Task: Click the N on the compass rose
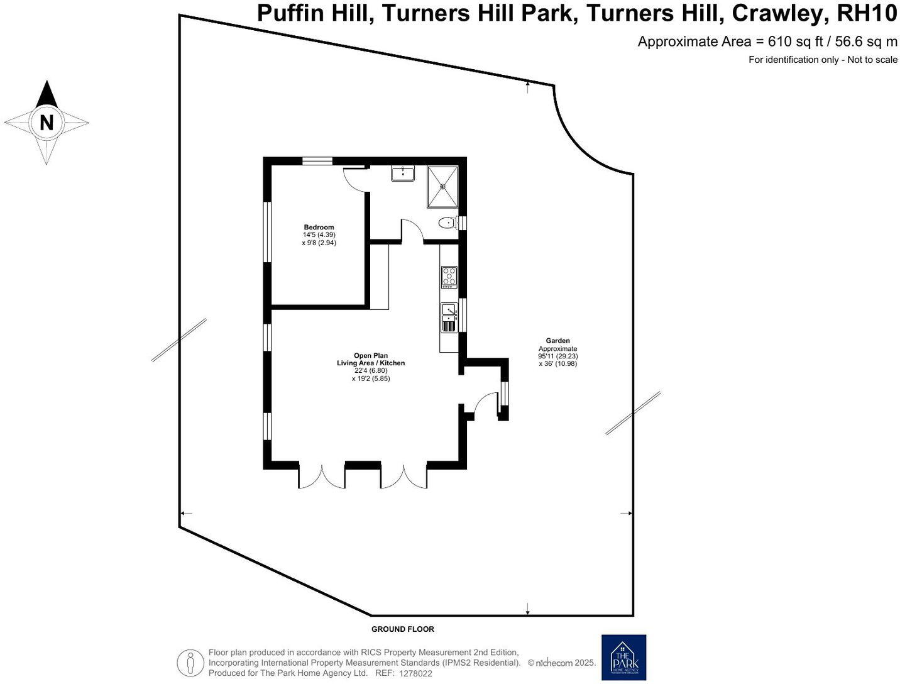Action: click(x=47, y=122)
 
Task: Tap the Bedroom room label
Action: click(x=319, y=227)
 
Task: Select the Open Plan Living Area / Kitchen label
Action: click(x=371, y=359)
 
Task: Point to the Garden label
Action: click(x=557, y=341)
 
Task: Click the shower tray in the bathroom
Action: click(x=443, y=186)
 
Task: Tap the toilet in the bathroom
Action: click(x=447, y=222)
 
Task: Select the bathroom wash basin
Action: click(x=402, y=173)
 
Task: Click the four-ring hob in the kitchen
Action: click(x=449, y=277)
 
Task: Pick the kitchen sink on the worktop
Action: click(x=449, y=311)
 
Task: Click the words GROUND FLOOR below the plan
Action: click(x=402, y=629)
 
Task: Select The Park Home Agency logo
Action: click(x=623, y=657)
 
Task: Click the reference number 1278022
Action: click(x=415, y=673)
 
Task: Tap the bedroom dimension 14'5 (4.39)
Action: click(x=319, y=234)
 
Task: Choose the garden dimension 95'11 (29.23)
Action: click(x=557, y=356)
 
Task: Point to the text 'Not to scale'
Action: click(x=872, y=60)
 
